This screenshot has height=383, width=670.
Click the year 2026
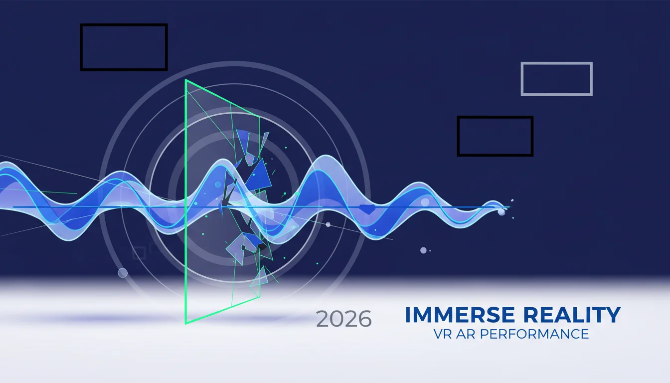[343, 319]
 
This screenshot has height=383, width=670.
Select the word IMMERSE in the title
[460, 315]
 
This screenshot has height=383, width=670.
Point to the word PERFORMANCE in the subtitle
[534, 334]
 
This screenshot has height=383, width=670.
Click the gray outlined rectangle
[557, 62]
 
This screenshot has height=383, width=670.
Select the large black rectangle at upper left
[124, 25]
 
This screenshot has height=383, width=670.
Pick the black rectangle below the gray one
[495, 117]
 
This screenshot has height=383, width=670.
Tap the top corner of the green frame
[186, 80]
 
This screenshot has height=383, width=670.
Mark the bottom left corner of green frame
[186, 324]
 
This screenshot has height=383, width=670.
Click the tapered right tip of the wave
[508, 207]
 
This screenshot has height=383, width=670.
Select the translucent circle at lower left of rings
[123, 273]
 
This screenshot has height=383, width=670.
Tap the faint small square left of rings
[139, 253]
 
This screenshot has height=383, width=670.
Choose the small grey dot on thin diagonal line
[328, 224]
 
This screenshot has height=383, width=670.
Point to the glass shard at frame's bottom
[260, 277]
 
